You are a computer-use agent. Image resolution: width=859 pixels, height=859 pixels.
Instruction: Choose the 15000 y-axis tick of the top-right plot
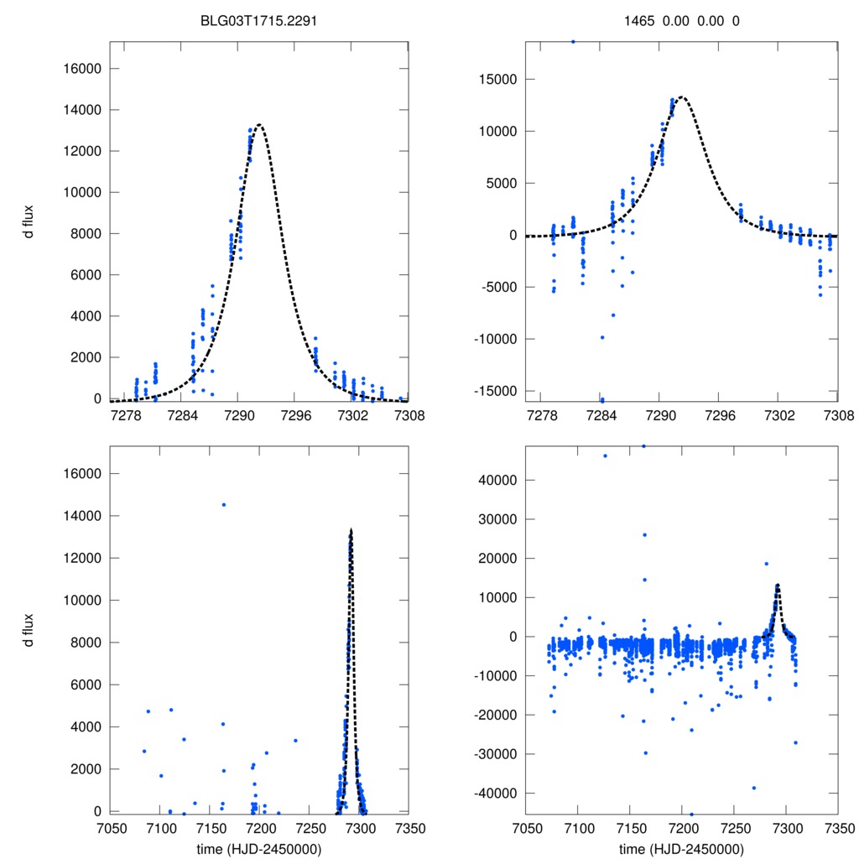pyautogui.click(x=501, y=80)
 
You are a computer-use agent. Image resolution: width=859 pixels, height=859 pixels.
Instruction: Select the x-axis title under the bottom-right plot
pyautogui.click(x=681, y=848)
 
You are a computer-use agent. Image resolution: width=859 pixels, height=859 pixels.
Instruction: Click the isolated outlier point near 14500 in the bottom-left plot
pyautogui.click(x=224, y=504)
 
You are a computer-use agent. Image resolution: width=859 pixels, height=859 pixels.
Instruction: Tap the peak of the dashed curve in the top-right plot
pyautogui.click(x=681, y=97)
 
